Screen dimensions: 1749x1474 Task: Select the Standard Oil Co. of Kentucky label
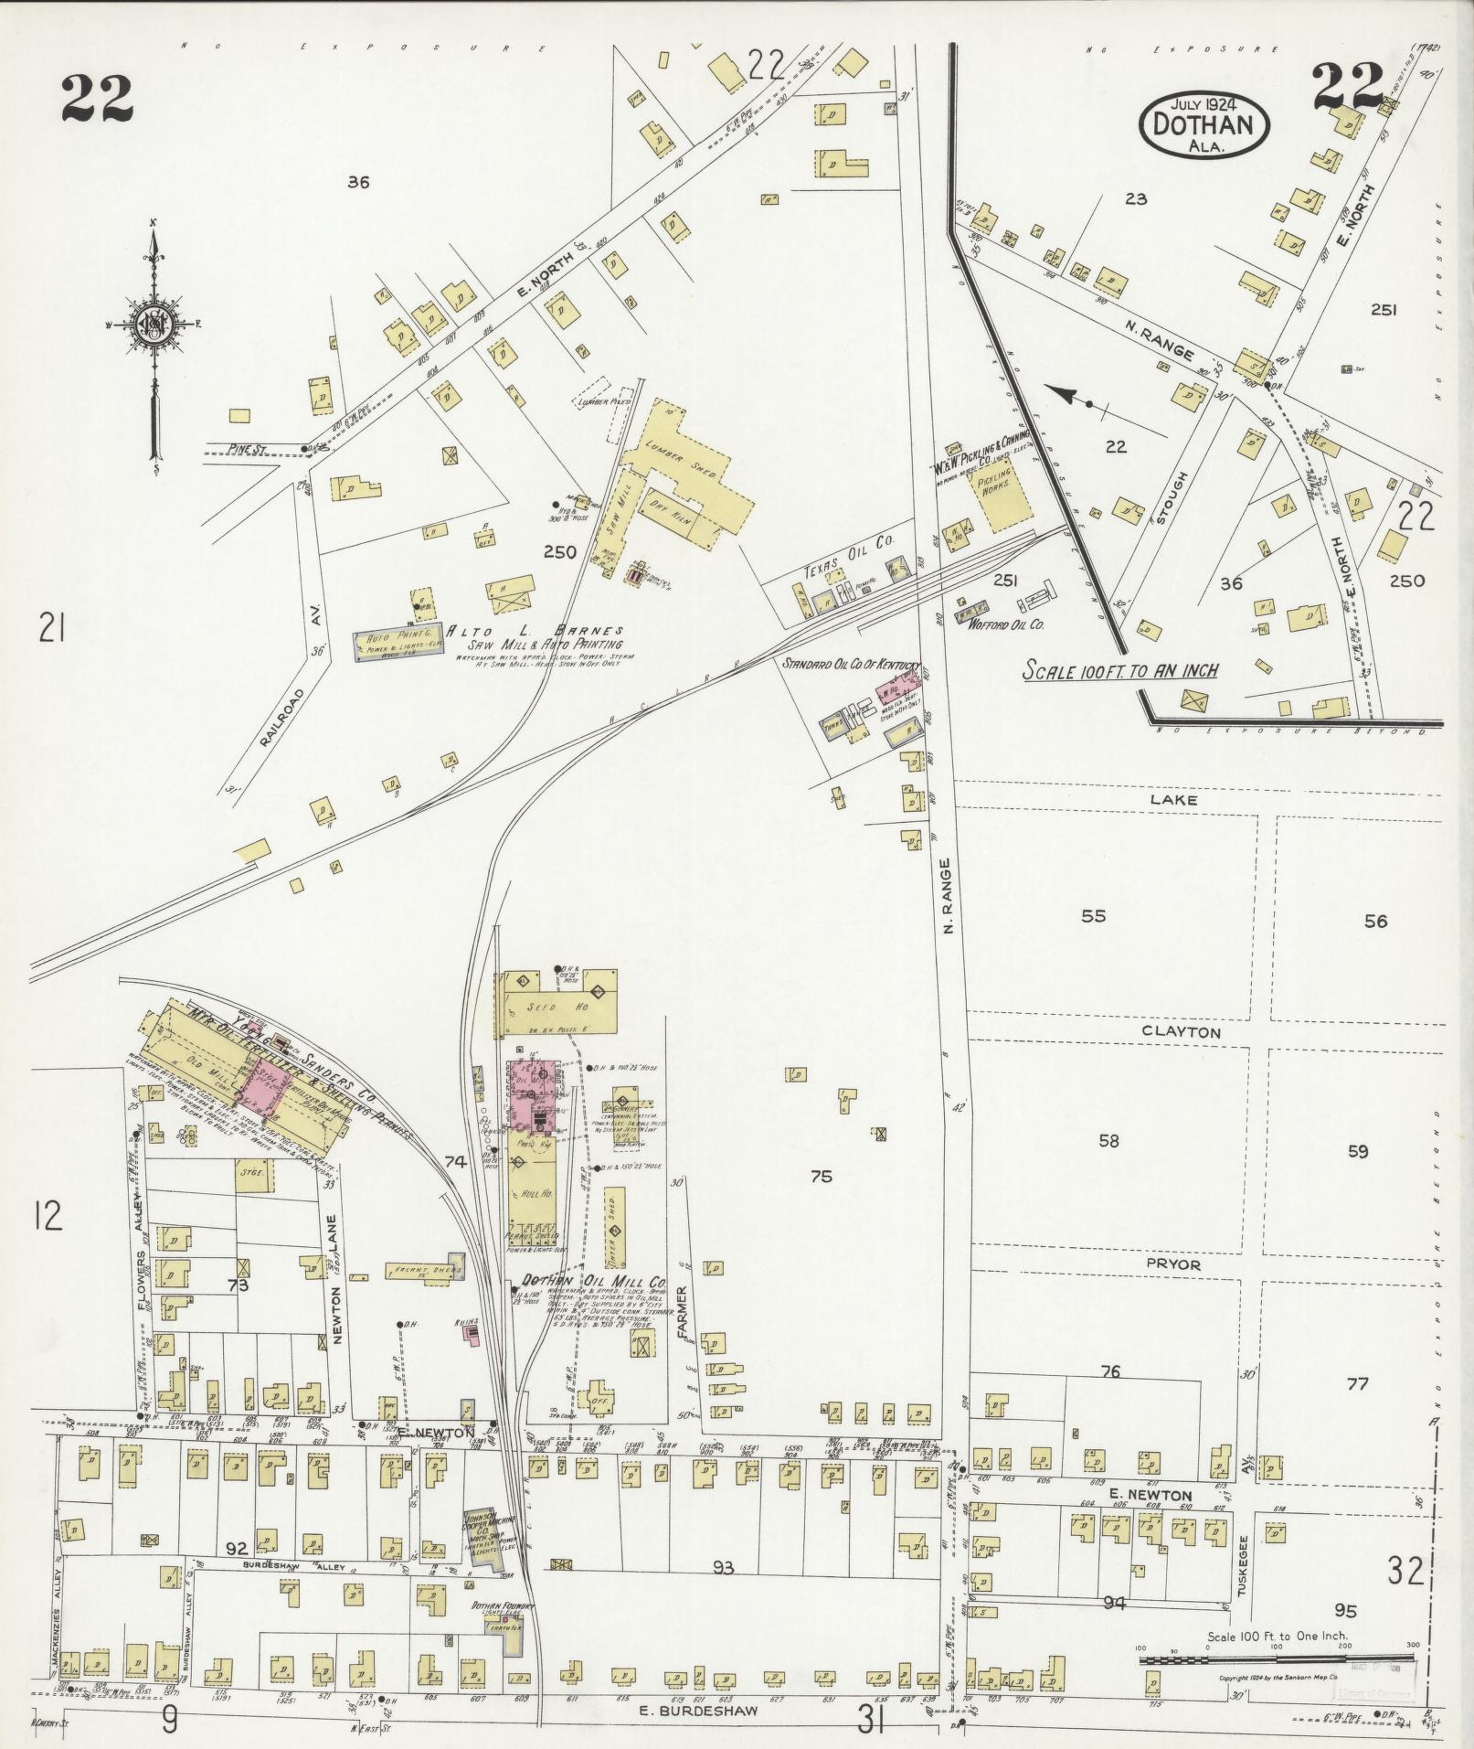[x=849, y=666]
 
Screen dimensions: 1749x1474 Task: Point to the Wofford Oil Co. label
[x=1000, y=625]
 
